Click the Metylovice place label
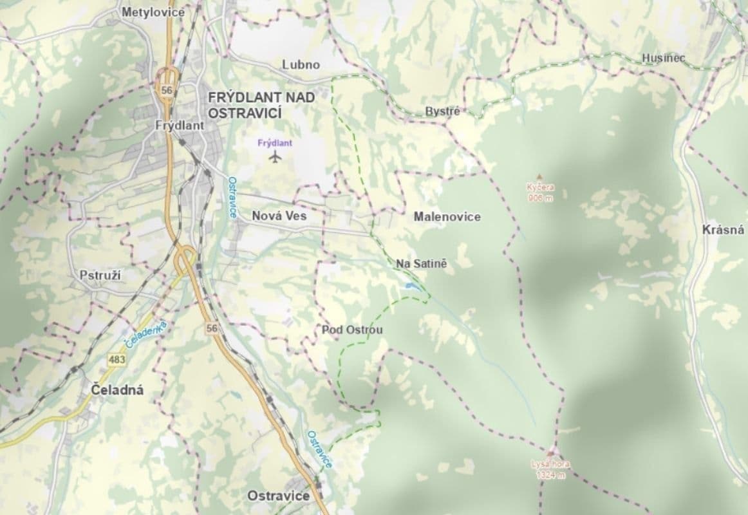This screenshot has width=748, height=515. click(x=153, y=12)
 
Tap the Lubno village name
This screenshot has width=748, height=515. click(x=301, y=65)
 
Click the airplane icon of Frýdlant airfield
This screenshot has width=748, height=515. click(x=276, y=157)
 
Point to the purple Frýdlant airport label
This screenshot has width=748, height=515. click(x=275, y=144)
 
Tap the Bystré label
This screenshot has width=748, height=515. click(x=442, y=111)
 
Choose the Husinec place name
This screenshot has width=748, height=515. click(x=663, y=59)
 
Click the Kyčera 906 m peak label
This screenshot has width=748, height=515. click(x=540, y=192)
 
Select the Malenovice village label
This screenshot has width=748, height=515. click(x=447, y=217)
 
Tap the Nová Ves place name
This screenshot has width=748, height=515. click(x=279, y=216)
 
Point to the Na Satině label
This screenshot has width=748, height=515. click(x=421, y=264)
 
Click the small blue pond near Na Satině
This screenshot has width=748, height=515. click(x=408, y=285)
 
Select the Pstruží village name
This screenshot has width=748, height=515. click(x=100, y=275)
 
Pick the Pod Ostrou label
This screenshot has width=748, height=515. click(x=352, y=330)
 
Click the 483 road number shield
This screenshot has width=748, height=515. click(x=117, y=360)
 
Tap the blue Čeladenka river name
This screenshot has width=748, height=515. click(x=146, y=335)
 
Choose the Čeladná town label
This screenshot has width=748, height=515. click(x=117, y=390)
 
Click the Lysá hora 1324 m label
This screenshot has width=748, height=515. click(x=550, y=469)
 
